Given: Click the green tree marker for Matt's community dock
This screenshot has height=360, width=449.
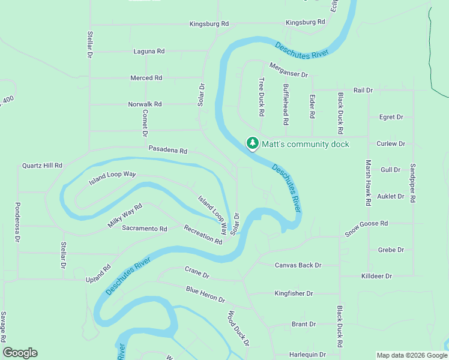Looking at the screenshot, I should tap(253, 143).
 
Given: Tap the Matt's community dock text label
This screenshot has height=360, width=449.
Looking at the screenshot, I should tap(305, 144).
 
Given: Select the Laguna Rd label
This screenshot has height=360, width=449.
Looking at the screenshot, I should tap(149, 52).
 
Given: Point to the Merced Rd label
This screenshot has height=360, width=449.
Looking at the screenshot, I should tap(146, 78).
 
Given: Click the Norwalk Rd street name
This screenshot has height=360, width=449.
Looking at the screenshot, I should tap(145, 104).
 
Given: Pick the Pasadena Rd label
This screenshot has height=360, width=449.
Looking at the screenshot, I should tap(168, 151).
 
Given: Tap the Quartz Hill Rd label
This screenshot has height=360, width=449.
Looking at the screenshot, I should tap(42, 165).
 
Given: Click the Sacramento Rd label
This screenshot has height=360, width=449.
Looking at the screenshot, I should tap(144, 229).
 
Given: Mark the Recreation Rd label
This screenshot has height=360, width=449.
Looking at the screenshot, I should tap(203, 234).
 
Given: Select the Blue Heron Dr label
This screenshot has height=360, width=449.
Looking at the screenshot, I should tap(205, 295).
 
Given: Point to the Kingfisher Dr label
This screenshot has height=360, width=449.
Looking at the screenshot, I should tap(294, 293).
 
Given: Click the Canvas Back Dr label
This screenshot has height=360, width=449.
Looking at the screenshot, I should tap(298, 265).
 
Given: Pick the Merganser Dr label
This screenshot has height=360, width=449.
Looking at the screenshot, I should tap(288, 70).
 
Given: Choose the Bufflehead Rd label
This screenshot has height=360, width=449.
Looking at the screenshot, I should tap(286, 104).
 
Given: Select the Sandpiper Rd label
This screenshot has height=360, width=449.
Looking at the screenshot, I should tap(413, 183).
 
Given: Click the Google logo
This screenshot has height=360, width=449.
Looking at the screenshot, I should tap(20, 353).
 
